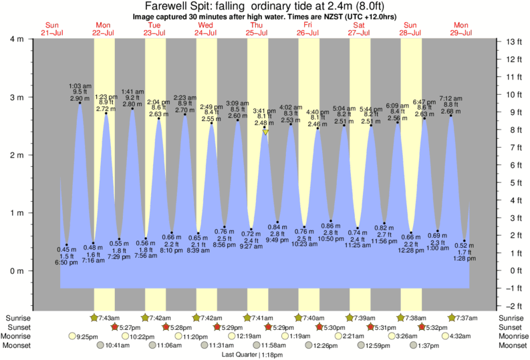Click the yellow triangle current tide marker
pyautogui.click(x=265, y=132)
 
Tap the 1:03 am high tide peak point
pyautogui.click(x=80, y=103)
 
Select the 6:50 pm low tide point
pyautogui.click(x=66, y=245)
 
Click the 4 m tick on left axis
pyautogui.click(x=29, y=39)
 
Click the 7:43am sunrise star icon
pyautogui.click(x=94, y=317)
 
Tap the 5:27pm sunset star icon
pyautogui.click(x=114, y=327)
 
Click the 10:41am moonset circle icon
pyautogui.click(x=101, y=345)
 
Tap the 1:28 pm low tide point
pyautogui.click(x=465, y=240)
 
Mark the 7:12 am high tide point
pyautogui.click(x=451, y=116)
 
